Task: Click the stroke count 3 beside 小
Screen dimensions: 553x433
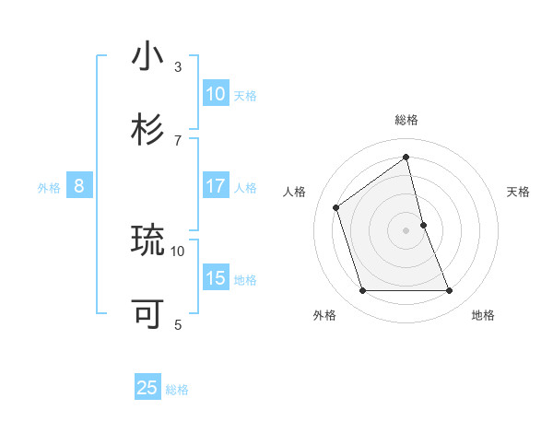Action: (178, 67)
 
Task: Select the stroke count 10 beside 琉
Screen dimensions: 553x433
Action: (178, 250)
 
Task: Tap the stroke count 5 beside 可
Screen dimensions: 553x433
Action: (178, 323)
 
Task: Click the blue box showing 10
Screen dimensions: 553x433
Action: (216, 93)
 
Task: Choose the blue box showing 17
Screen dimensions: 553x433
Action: (216, 186)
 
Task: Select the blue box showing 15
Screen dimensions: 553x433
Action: (216, 278)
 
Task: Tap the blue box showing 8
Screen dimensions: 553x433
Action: (79, 186)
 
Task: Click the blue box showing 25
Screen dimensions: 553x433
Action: (147, 388)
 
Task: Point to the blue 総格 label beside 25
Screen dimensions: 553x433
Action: (178, 390)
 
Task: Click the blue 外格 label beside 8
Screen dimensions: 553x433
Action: (49, 188)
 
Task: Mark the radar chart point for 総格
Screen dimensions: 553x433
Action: (406, 157)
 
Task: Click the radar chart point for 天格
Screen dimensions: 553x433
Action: (423, 225)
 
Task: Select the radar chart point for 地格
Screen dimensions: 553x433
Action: (450, 291)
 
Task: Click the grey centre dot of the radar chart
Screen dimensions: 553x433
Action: (406, 230)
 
